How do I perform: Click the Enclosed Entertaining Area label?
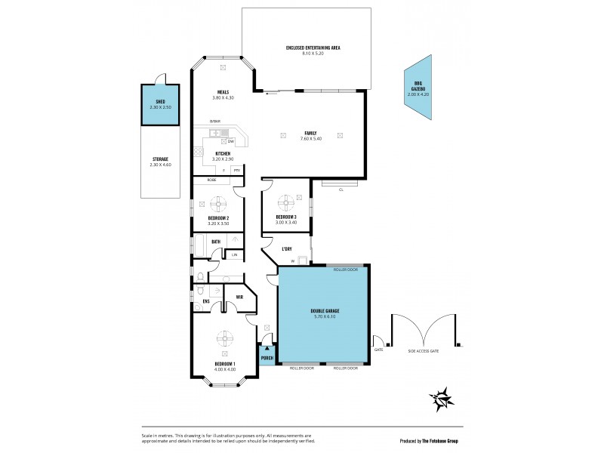coord(313,48)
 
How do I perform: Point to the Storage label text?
coord(160,161)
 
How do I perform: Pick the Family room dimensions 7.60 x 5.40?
coord(310,138)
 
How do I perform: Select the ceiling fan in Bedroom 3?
coord(288,202)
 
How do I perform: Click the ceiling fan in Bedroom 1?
coord(224,337)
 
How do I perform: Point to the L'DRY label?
coord(287,248)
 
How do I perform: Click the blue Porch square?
coord(267,356)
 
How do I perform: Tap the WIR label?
coord(239,297)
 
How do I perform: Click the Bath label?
coord(216,242)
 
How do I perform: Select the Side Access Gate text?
coord(424,351)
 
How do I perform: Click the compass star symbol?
coord(439,397)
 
